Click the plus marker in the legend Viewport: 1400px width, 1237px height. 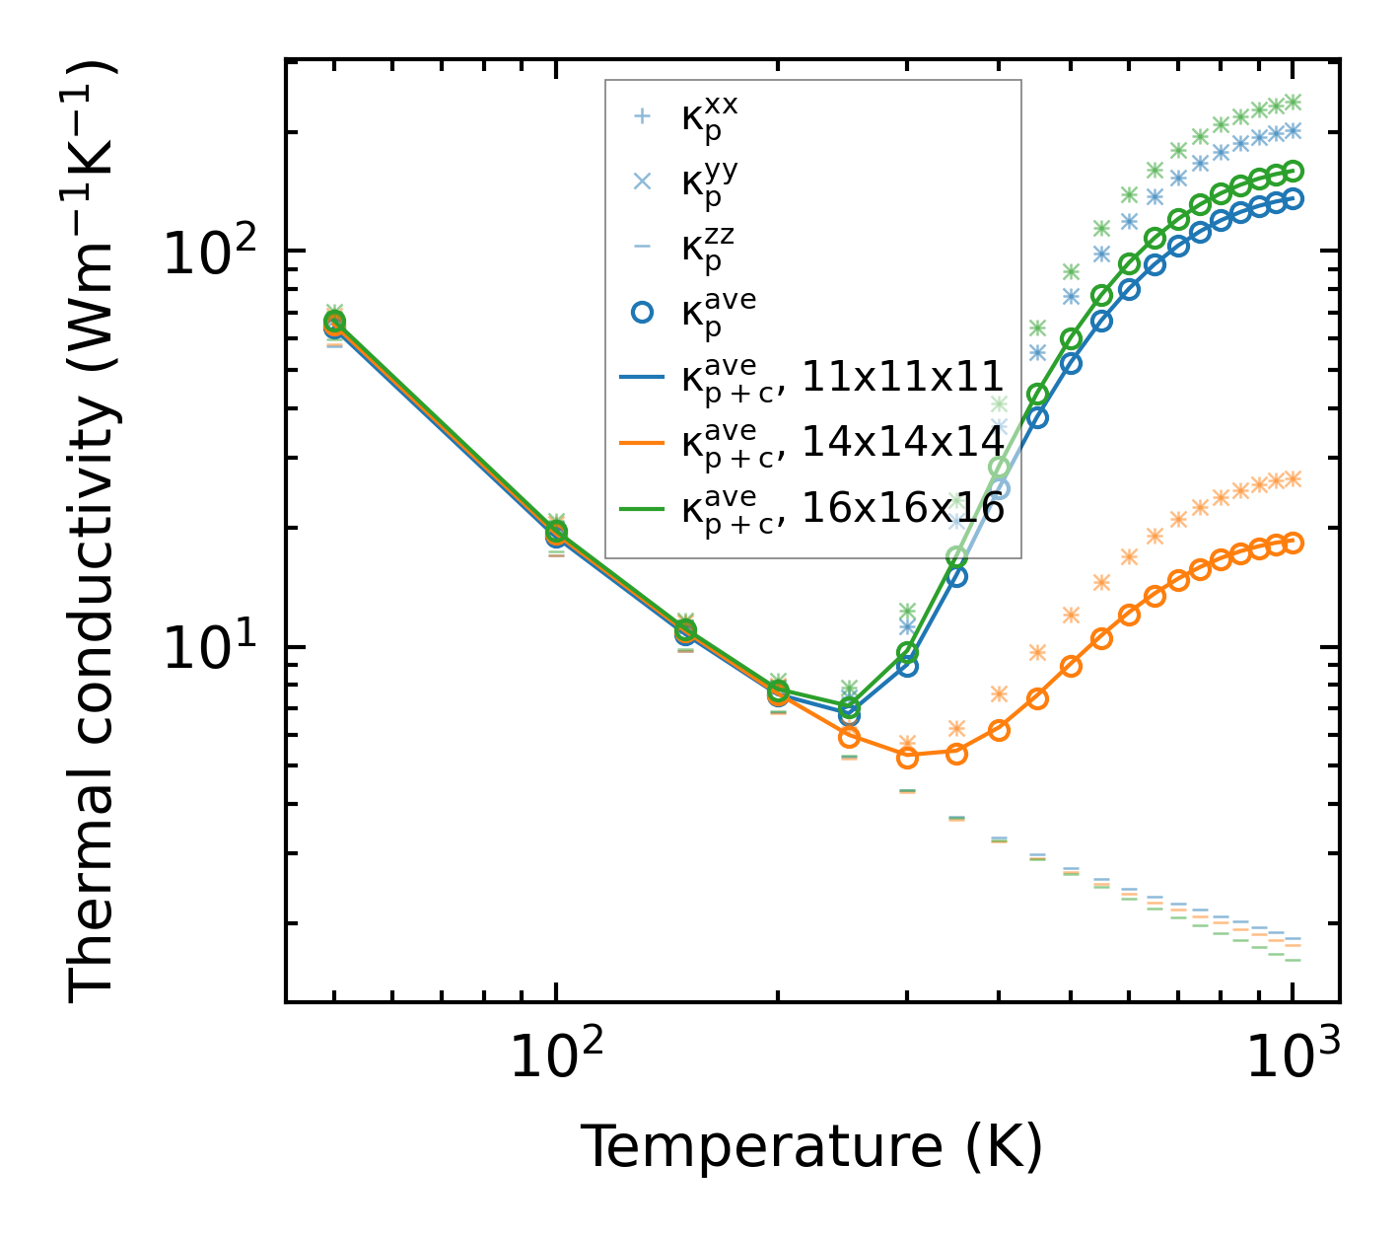642,116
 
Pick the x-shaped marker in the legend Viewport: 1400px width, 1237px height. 642,182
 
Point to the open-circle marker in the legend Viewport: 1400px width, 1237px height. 642,312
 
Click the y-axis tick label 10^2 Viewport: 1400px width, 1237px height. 208,252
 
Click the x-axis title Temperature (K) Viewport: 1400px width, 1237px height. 811,1147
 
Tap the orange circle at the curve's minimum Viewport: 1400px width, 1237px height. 907,758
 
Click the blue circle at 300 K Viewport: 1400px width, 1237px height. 907,667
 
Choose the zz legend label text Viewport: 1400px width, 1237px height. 708,248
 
